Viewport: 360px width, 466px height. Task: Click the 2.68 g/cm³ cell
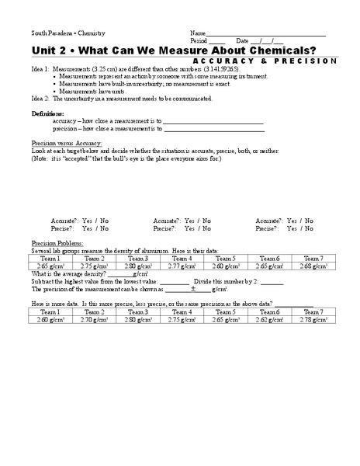313,266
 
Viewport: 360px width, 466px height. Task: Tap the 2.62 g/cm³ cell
269,319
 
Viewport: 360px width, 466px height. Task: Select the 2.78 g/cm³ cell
313,319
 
